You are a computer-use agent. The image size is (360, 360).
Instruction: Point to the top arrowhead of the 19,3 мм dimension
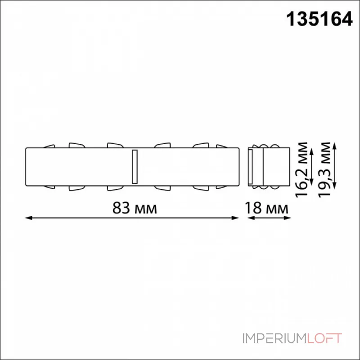[335, 144]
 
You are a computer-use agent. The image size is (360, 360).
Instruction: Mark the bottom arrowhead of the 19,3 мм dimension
[335, 187]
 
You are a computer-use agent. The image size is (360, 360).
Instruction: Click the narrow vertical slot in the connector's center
[133, 166]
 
